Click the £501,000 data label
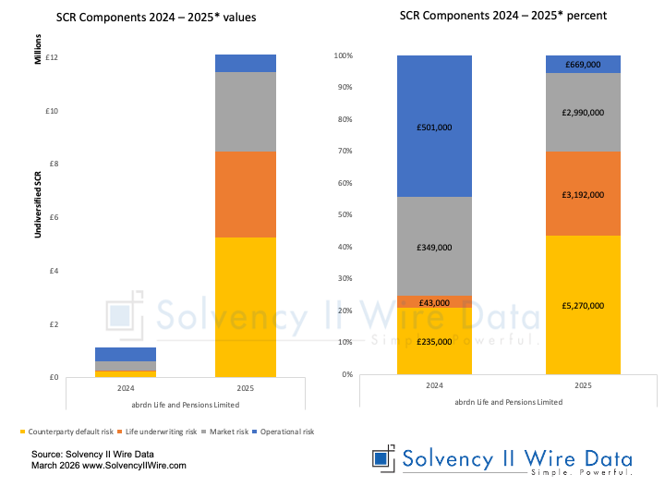tap(434, 128)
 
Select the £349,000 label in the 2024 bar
tap(434, 248)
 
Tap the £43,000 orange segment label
tap(434, 303)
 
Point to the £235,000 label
tap(434, 341)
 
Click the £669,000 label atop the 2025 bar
tap(582, 65)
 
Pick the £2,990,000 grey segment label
tap(582, 112)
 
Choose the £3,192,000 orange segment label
tap(582, 195)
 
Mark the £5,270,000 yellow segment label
tap(582, 305)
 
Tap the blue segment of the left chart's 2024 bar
tap(126, 355)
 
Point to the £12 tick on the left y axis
tap(52, 58)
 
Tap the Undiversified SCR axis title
tap(38, 199)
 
